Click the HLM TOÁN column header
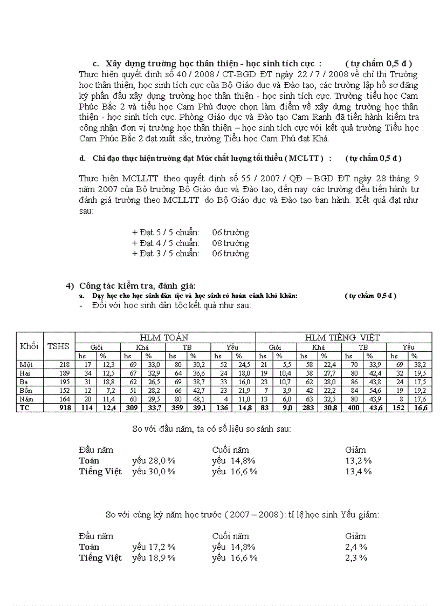[x=164, y=337]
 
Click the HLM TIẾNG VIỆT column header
[x=342, y=337]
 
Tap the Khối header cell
[x=29, y=346]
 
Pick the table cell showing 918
[x=64, y=408]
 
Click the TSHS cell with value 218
[x=64, y=365]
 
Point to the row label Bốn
[x=26, y=390]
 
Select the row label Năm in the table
[x=26, y=399]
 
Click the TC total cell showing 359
[x=177, y=408]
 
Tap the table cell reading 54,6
[x=374, y=390]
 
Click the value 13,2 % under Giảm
[x=359, y=460]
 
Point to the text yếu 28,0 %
[x=154, y=460]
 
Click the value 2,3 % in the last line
[x=356, y=557]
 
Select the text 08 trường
[x=230, y=243]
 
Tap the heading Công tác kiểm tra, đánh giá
[x=137, y=285]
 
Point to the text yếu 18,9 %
[x=154, y=557]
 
